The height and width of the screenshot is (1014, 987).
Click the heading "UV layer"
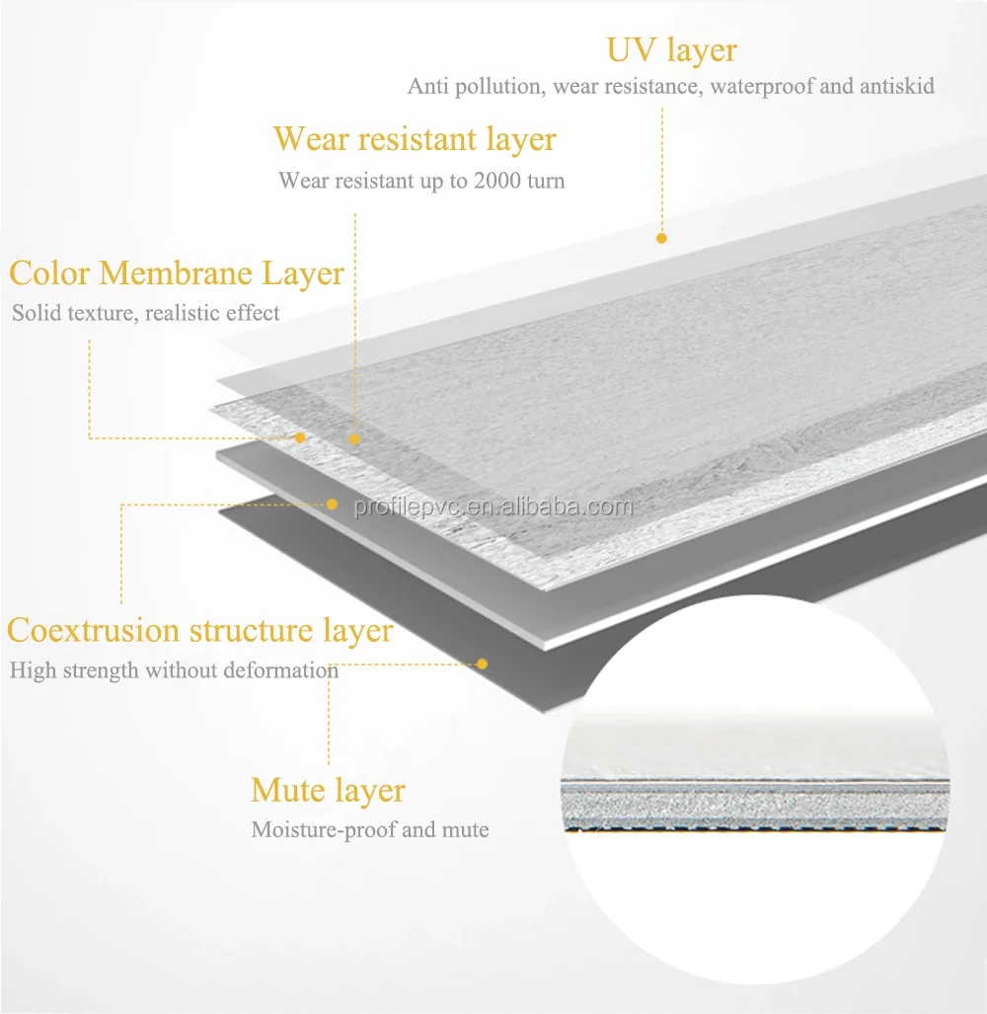pyautogui.click(x=671, y=49)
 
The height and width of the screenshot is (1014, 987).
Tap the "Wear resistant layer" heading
pyautogui.click(x=415, y=139)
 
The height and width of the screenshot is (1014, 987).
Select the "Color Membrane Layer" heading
pyautogui.click(x=177, y=273)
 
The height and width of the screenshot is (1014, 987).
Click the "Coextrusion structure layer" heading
pyautogui.click(x=199, y=630)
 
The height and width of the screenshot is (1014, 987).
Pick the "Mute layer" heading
pyautogui.click(x=328, y=790)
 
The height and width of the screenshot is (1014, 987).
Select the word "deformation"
pyautogui.click(x=280, y=671)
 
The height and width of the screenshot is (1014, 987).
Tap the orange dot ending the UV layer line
pyautogui.click(x=661, y=238)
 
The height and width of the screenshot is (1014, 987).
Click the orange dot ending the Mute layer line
pyautogui.click(x=482, y=663)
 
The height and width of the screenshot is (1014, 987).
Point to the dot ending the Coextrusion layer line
pyautogui.click(x=333, y=504)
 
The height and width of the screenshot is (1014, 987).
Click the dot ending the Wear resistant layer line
pyautogui.click(x=354, y=439)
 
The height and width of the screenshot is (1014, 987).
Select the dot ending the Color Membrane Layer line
pyautogui.click(x=300, y=437)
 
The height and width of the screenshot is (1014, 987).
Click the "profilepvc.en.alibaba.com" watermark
pyautogui.click(x=493, y=507)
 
